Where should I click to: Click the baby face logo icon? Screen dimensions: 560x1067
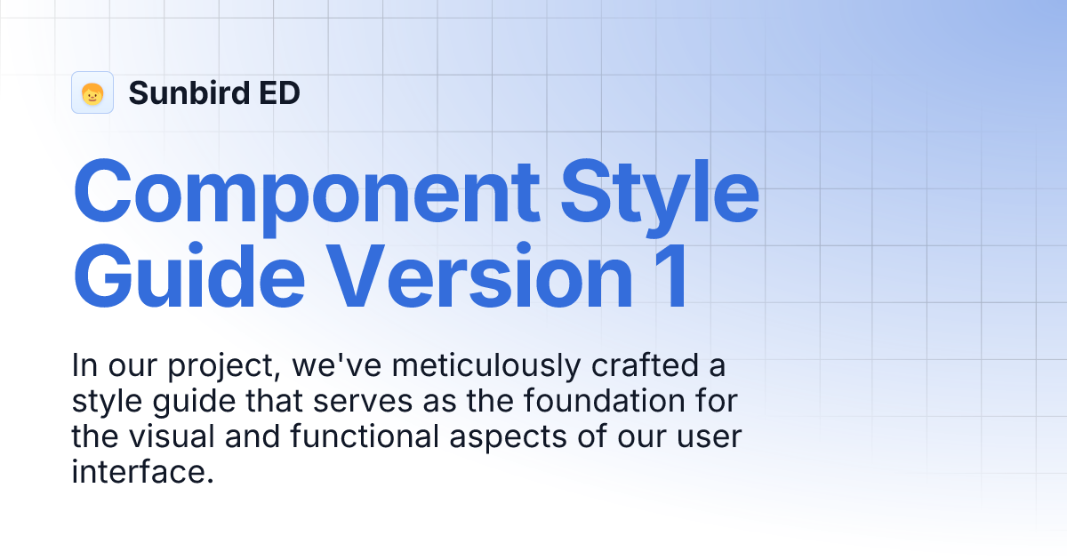92,92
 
